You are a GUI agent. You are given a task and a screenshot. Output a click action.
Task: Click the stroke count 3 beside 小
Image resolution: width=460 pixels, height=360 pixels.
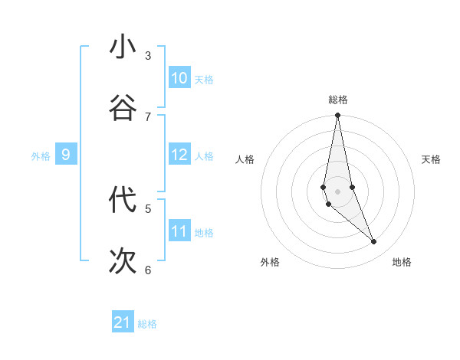[x=148, y=55]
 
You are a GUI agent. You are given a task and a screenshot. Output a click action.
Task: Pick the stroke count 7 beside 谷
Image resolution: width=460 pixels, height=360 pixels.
[x=148, y=116]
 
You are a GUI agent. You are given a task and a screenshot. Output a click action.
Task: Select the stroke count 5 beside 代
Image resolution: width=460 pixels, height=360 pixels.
[x=148, y=208]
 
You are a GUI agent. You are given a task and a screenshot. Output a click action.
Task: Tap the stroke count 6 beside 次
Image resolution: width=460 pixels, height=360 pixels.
[x=148, y=270]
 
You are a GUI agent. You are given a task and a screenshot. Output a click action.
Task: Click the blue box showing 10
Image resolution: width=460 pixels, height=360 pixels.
[x=179, y=78]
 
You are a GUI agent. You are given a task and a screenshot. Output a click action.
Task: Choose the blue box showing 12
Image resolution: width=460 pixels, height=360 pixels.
[x=179, y=155]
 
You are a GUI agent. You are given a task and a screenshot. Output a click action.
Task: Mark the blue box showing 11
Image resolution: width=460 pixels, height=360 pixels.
[x=179, y=231]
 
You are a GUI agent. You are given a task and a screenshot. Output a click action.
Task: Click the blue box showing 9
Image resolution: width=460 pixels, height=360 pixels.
[x=66, y=155]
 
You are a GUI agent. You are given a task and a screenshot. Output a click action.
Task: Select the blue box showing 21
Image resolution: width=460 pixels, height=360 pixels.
[x=123, y=322]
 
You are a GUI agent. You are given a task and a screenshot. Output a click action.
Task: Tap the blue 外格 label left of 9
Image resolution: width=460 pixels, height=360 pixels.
[x=41, y=156]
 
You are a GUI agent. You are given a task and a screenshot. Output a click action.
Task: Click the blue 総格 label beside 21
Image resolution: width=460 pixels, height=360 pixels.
[x=147, y=324]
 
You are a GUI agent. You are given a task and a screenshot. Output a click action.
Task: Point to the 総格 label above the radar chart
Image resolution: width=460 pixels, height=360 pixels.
[x=338, y=100]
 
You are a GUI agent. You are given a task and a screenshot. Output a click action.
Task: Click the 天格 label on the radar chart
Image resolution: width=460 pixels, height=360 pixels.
[x=431, y=159]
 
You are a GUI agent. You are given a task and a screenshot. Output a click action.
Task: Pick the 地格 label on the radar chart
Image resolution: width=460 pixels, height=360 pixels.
[x=402, y=262]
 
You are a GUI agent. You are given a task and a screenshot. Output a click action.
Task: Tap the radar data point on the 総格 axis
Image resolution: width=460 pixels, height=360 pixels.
[x=337, y=116]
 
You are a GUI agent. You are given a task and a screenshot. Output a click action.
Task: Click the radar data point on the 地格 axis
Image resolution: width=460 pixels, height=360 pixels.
[x=374, y=242]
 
